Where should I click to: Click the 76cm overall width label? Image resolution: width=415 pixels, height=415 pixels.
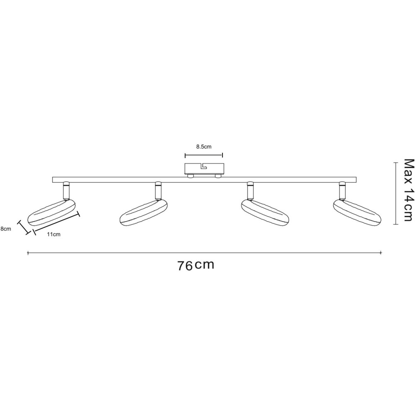(195, 265)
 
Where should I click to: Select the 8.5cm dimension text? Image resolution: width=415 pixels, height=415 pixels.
(204, 146)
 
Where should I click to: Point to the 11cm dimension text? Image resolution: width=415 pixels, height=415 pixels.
(54, 234)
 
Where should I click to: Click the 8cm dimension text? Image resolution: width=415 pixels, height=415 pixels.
(5, 229)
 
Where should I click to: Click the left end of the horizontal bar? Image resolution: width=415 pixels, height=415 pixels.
(53, 180)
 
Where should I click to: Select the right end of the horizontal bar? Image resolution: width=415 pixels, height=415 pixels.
(356, 180)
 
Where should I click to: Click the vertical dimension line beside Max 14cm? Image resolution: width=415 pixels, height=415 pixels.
(395, 193)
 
